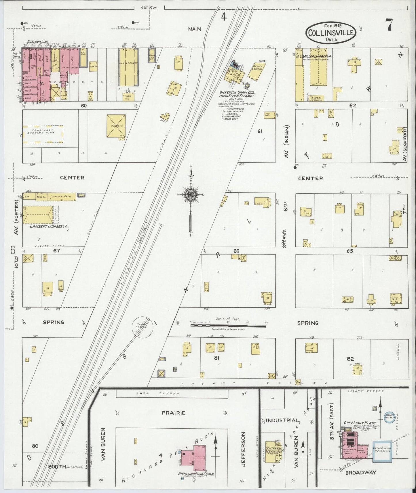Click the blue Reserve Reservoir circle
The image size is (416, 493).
pyautogui.click(x=390, y=418)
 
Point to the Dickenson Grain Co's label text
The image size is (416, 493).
pyautogui.click(x=237, y=93)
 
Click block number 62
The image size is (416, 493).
pyautogui.click(x=353, y=106)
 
